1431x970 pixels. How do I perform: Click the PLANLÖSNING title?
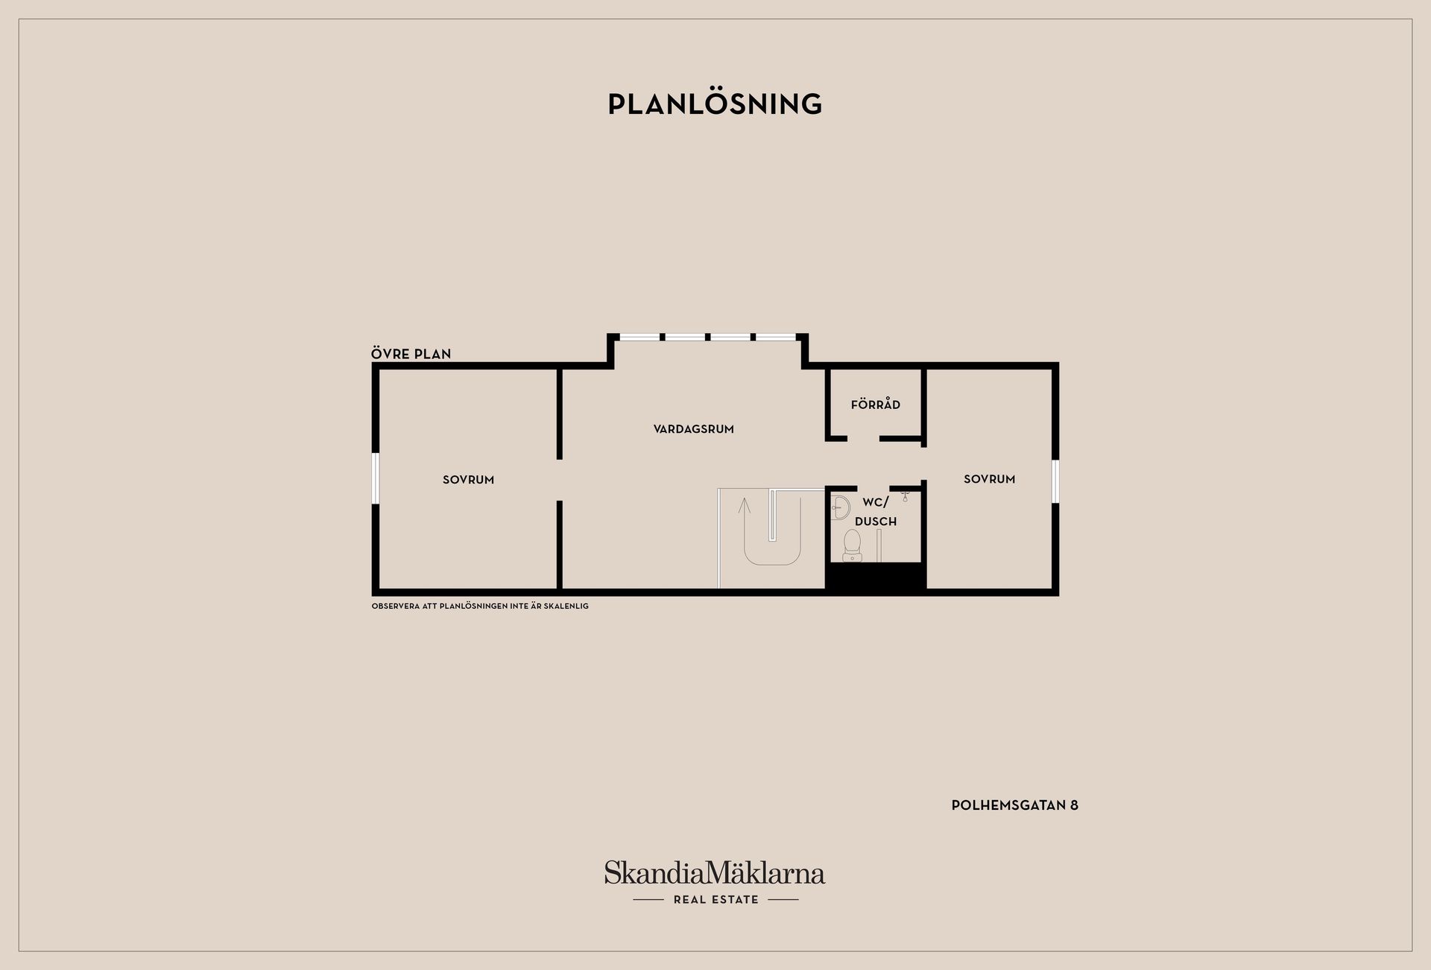click(x=715, y=104)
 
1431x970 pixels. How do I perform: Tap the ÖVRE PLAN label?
click(x=411, y=354)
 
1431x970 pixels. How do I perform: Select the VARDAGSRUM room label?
click(x=693, y=429)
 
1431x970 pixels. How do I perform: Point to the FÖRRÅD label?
click(x=875, y=405)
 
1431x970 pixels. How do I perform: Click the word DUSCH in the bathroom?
click(x=875, y=522)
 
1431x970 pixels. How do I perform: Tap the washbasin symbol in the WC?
click(x=840, y=507)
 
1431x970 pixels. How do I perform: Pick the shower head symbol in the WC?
click(x=905, y=495)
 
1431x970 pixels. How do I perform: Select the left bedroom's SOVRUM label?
click(x=468, y=480)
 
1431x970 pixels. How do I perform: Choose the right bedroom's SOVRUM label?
click(x=989, y=479)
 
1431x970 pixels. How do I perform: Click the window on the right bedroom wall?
click(x=1055, y=481)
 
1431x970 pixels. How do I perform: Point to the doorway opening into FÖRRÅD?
click(x=863, y=439)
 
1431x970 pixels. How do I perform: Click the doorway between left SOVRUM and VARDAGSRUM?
click(x=559, y=481)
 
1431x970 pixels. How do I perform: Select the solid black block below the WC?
click(x=875, y=578)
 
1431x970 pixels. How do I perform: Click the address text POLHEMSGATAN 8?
click(x=1014, y=805)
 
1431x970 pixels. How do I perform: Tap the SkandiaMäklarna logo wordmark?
click(x=715, y=873)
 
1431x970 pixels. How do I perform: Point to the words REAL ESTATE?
click(x=715, y=900)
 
